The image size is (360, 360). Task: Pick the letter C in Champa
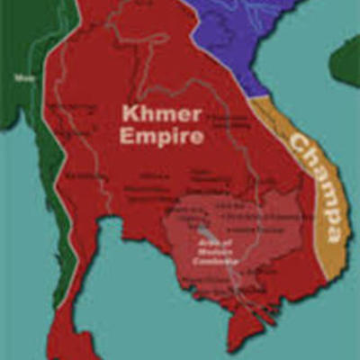coord(297,144)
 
